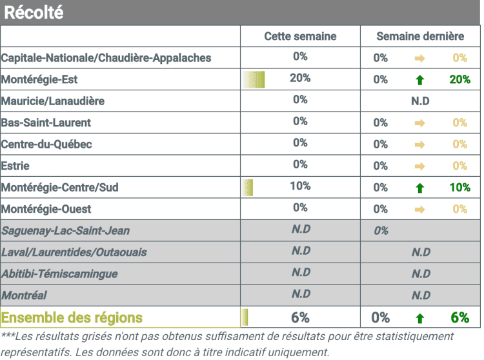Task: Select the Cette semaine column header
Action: [300, 36]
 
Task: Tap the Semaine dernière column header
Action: [420, 36]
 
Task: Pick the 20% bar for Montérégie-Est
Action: [254, 79]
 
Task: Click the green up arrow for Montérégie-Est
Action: [420, 80]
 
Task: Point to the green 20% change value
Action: [459, 79]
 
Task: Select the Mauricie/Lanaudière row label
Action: [53, 101]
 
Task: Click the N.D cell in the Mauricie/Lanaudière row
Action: [420, 101]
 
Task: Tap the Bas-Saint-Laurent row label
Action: [46, 123]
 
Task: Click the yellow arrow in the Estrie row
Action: [420, 166]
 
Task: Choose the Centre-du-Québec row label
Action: [46, 144]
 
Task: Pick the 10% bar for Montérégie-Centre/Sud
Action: [248, 187]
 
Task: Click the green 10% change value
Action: [459, 187]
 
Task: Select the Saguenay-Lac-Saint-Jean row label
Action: [65, 230]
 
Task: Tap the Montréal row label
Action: [24, 295]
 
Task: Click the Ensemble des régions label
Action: [72, 317]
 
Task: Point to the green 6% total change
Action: [460, 317]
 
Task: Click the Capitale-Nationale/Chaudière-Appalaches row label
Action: [106, 58]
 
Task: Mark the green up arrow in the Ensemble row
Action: [420, 318]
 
